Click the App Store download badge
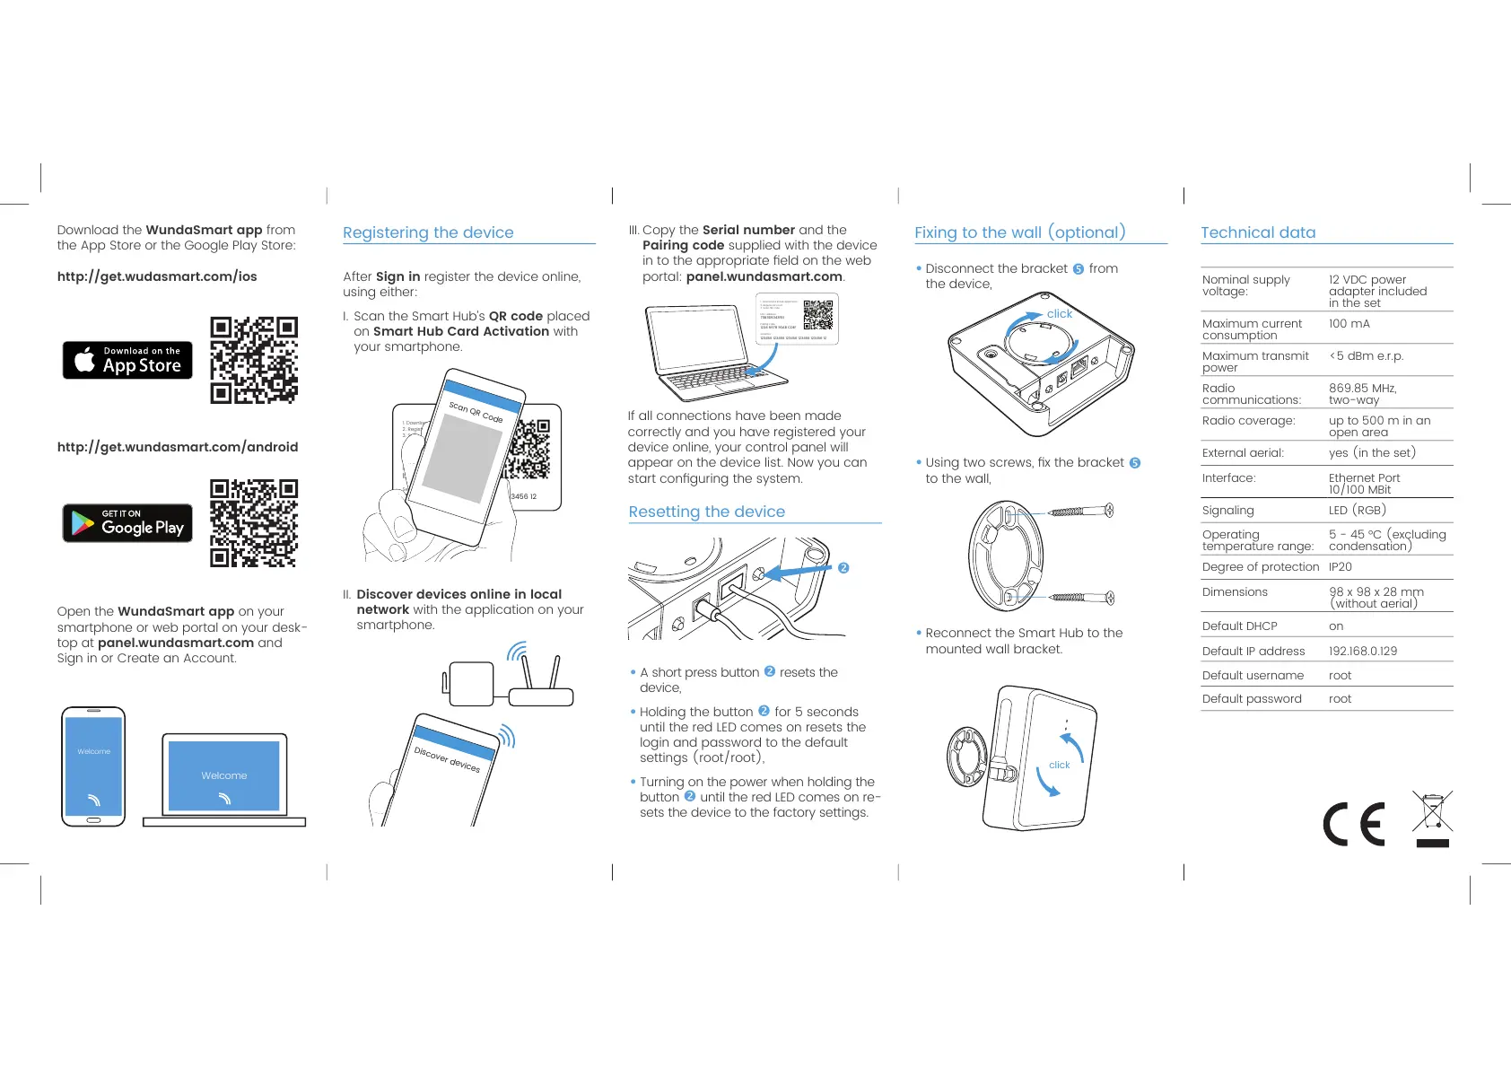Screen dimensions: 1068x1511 127,360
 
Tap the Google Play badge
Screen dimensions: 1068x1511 127,523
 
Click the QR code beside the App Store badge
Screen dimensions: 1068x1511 254,360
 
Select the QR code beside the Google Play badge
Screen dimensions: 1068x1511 254,523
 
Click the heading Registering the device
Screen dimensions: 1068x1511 428,232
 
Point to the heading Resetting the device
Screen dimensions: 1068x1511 706,512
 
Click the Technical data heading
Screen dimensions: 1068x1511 1258,232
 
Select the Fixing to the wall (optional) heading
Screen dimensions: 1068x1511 1019,232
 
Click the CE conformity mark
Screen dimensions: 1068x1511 1354,824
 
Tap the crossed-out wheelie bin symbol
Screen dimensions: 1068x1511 1432,817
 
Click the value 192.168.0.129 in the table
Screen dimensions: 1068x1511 1362,651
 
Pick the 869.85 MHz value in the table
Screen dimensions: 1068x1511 1362,389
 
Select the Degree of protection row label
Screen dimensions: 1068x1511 1260,567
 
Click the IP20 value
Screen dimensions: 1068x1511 1340,567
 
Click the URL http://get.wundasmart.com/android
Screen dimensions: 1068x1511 178,447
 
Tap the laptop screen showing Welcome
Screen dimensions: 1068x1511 224,775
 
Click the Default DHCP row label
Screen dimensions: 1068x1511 1239,626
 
